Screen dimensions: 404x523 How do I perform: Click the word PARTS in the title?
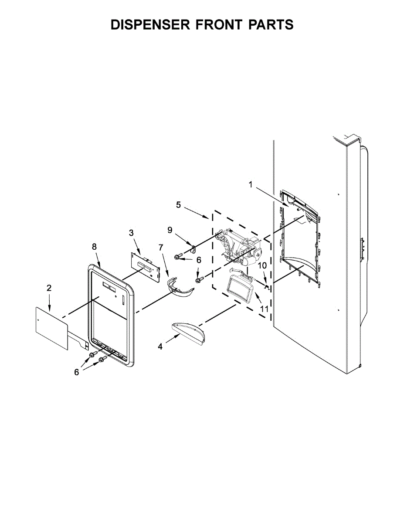pyautogui.click(x=271, y=25)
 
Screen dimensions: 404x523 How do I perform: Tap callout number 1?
pyautogui.click(x=251, y=184)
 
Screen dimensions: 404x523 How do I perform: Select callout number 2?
pyautogui.click(x=49, y=288)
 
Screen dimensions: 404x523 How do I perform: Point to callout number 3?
pyautogui.click(x=131, y=233)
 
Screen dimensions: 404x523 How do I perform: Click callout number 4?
pyautogui.click(x=160, y=346)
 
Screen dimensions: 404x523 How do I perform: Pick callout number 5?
pyautogui.click(x=178, y=205)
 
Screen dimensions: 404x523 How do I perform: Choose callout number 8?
pyautogui.click(x=94, y=246)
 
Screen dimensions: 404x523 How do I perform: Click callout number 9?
pyautogui.click(x=170, y=230)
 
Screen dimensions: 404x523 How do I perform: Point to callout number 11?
pyautogui.click(x=263, y=309)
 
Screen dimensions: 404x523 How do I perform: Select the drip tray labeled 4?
pyautogui.click(x=189, y=333)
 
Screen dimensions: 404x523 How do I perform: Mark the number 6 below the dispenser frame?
pyautogui.click(x=77, y=372)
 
